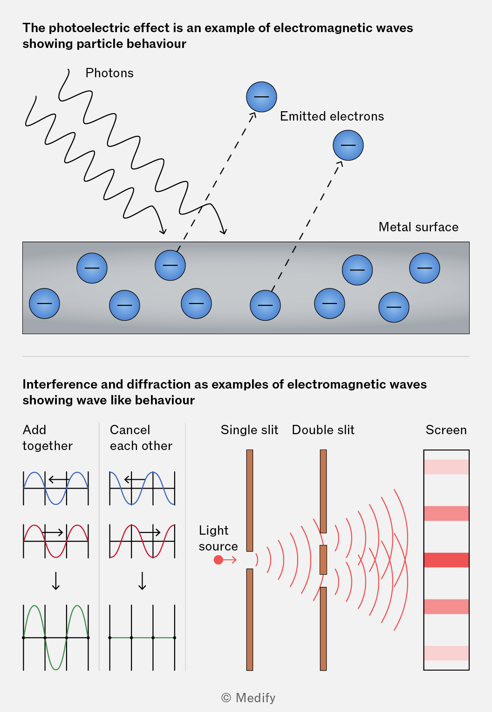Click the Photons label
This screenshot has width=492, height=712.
(x=109, y=73)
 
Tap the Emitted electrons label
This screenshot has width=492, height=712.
(x=332, y=116)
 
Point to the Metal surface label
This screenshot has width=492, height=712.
(x=418, y=227)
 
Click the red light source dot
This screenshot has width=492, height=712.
(x=219, y=560)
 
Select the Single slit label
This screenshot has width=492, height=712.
(x=250, y=430)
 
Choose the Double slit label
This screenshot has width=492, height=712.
(x=323, y=430)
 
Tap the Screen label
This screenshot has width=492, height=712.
(x=446, y=430)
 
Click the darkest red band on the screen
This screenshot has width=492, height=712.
(x=446, y=560)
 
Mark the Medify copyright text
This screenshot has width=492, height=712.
(x=248, y=698)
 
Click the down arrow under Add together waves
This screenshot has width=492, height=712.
(x=56, y=581)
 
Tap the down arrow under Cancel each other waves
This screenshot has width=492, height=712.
(x=142, y=581)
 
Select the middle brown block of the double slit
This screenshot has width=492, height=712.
(x=323, y=560)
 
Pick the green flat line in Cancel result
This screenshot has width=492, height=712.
(x=142, y=638)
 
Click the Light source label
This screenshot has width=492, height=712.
(x=219, y=538)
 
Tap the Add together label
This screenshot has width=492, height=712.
(x=48, y=438)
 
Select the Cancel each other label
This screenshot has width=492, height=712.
(x=141, y=438)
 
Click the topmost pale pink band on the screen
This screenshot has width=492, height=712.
(x=446, y=467)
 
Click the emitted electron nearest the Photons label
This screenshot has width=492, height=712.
(x=261, y=97)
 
